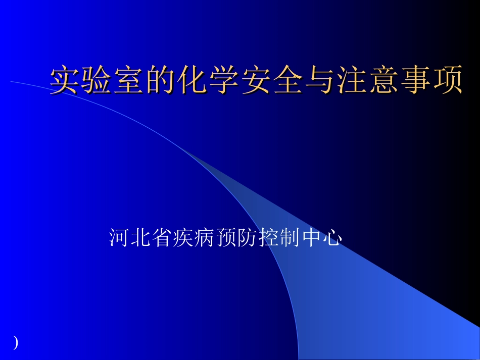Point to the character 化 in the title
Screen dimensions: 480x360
[193, 80]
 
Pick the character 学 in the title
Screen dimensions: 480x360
[225, 80]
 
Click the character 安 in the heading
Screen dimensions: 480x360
[257, 80]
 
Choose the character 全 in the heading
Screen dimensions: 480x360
[289, 80]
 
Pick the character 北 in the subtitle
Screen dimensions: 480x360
[140, 237]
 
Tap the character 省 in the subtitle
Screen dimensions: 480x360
[162, 237]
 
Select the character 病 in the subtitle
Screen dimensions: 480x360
[205, 237]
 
